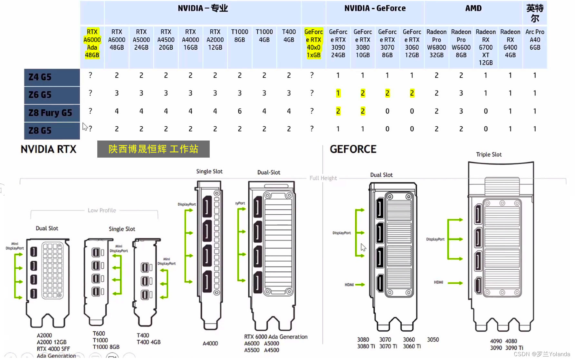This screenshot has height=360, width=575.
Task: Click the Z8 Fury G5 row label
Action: [51, 113]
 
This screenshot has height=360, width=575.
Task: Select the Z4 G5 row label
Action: [40, 77]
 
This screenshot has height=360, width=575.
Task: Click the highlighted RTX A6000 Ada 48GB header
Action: [92, 44]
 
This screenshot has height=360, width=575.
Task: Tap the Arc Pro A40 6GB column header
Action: [535, 40]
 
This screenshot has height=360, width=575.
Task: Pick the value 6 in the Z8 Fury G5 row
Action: [240, 111]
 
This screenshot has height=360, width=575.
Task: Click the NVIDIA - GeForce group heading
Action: [375, 8]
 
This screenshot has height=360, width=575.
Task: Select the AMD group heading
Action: [473, 8]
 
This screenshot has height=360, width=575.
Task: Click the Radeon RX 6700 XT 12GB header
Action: [485, 47]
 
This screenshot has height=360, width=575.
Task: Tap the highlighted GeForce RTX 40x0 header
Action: [313, 44]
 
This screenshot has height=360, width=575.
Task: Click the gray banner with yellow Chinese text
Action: [153, 149]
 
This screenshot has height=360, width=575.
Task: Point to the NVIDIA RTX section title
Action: [49, 149]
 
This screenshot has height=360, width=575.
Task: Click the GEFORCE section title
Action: [353, 149]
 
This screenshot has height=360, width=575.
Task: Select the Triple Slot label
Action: [489, 155]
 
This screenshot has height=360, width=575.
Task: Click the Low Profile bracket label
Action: [102, 210]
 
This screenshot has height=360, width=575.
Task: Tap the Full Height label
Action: [323, 178]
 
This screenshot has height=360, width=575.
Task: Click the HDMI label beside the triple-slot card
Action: [438, 282]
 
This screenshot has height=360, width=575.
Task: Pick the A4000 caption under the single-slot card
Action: [210, 344]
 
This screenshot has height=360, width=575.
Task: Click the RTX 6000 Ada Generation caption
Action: [276, 337]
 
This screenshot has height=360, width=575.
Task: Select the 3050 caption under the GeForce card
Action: [433, 340]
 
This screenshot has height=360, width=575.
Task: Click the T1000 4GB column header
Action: [264, 36]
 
